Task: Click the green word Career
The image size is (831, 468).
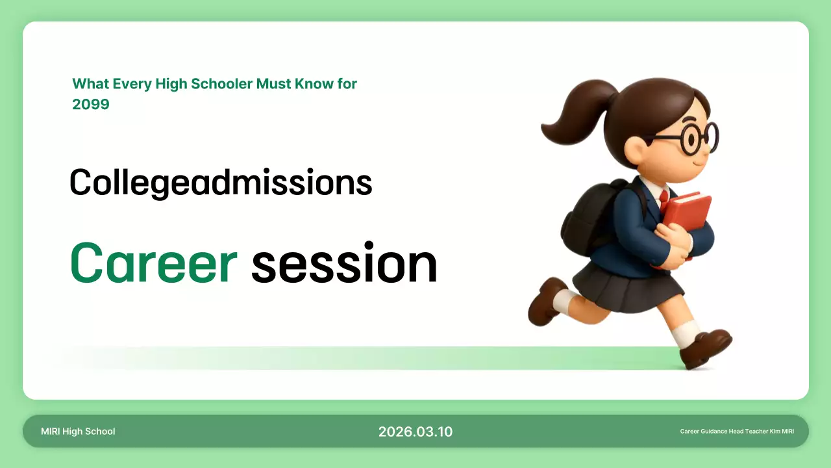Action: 153,264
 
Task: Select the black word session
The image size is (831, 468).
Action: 344,264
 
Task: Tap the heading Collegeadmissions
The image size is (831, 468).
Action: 221,183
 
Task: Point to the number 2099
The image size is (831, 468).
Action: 91,104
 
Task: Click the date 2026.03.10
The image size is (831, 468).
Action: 415,432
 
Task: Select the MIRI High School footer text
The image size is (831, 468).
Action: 78,432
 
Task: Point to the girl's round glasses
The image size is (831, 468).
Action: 698,138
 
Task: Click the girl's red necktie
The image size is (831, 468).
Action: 664,197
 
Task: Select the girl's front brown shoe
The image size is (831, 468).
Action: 706,347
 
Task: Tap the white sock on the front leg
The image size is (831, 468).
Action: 685,332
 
